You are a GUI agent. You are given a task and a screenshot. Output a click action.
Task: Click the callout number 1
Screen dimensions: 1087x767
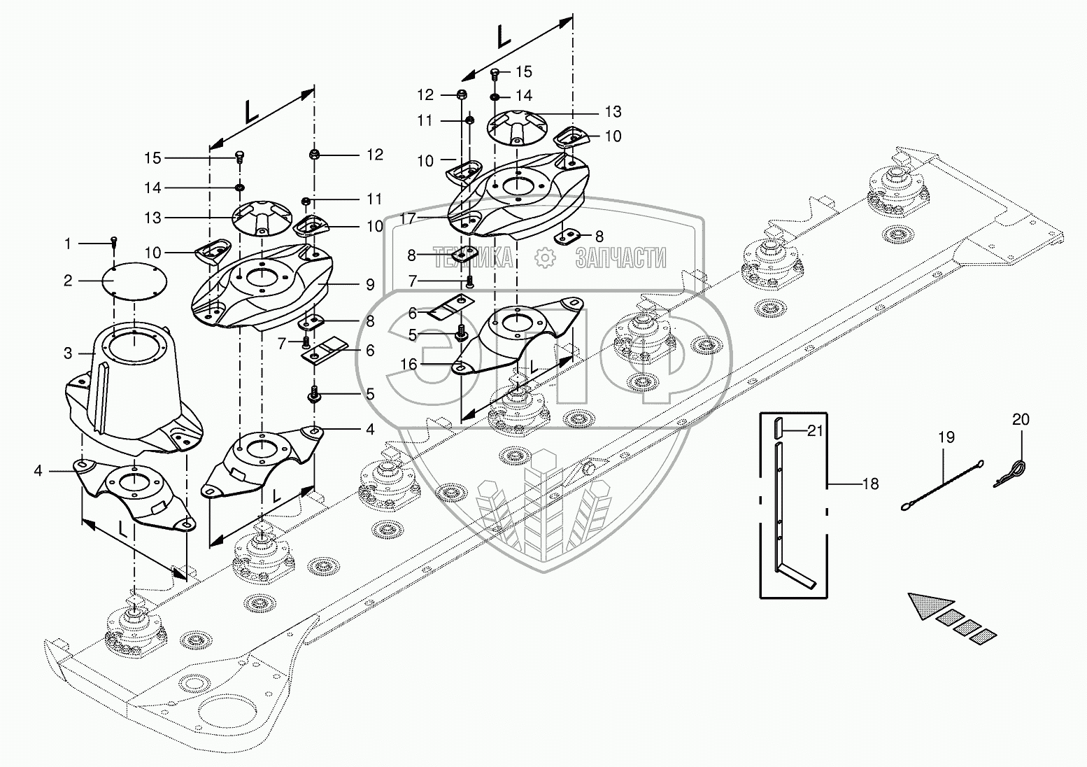pyautogui.click(x=68, y=244)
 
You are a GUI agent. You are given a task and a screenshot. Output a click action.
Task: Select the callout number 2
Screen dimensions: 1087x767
pyautogui.click(x=68, y=281)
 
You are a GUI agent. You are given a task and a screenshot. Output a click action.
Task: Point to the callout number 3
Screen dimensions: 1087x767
pyautogui.click(x=68, y=353)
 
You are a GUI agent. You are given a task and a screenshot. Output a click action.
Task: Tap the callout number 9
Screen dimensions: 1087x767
pyautogui.click(x=370, y=285)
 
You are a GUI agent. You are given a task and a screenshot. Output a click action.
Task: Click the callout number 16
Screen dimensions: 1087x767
pyautogui.click(x=408, y=364)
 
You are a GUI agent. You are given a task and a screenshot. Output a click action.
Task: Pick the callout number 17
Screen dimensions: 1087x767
pyautogui.click(x=408, y=219)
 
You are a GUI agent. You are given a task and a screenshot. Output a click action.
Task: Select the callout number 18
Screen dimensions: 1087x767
pyautogui.click(x=871, y=484)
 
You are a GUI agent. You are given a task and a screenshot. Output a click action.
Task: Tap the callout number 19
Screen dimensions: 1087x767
pyautogui.click(x=946, y=437)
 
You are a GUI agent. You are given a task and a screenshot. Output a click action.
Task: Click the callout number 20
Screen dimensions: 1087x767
pyautogui.click(x=1021, y=419)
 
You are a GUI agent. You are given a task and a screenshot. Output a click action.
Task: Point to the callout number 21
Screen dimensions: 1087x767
pyautogui.click(x=815, y=430)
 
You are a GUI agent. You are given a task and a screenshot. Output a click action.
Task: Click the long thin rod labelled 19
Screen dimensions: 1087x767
pyautogui.click(x=942, y=485)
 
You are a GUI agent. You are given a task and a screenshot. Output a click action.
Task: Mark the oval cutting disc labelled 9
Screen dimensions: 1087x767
pyautogui.click(x=262, y=286)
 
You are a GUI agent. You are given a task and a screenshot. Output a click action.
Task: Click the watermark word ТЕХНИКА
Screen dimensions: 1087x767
pyautogui.click(x=473, y=258)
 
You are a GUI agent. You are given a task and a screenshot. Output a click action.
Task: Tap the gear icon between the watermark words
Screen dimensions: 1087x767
pyautogui.click(x=544, y=258)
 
